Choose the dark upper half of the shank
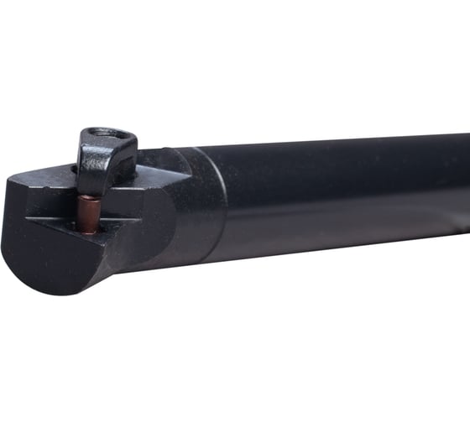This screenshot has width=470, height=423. click(336, 164)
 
